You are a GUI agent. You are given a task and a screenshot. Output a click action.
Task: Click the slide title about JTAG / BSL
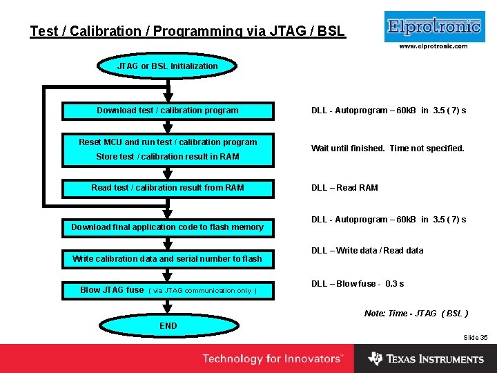pos(187,31)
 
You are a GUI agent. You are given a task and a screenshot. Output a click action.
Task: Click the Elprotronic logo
pos(433,27)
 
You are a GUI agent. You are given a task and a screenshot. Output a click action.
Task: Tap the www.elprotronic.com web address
pos(433,46)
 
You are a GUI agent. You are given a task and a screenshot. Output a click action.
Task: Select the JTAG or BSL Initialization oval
pos(168,66)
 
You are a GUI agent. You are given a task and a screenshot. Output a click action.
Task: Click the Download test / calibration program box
pos(168,111)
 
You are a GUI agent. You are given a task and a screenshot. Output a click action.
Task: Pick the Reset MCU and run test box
pos(168,142)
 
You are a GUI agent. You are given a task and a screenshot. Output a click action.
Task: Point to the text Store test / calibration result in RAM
pos(168,157)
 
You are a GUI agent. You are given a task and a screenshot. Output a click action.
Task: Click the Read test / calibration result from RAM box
pos(168,188)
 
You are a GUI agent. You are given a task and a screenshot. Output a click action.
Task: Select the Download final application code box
pos(168,227)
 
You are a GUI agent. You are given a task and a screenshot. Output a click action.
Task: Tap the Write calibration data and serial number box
pos(168,259)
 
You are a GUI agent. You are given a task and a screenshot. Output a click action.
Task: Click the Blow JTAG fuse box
pos(168,290)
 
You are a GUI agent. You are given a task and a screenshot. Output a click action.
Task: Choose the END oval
pos(168,325)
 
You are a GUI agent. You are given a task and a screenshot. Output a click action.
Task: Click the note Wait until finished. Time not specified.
pos(387,149)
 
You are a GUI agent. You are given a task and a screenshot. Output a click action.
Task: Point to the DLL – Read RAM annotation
pos(344,188)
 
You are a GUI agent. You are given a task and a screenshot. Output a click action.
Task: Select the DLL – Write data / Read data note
pos(367,251)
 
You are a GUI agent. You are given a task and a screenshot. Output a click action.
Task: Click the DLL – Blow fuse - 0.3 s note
pos(358,284)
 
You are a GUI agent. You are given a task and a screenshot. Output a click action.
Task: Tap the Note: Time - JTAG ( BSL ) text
pos(416,314)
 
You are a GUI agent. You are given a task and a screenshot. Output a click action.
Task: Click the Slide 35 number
pos(475,337)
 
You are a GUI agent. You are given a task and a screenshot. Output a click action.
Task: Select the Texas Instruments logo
pos(426,359)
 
